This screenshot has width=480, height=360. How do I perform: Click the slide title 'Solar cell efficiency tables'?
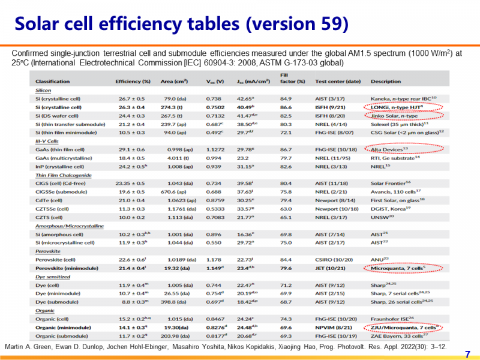(x=181, y=23)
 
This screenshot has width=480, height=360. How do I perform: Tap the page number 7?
(x=468, y=353)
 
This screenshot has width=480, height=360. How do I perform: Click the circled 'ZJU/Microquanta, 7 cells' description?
(x=406, y=327)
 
